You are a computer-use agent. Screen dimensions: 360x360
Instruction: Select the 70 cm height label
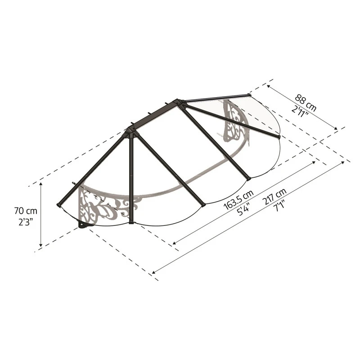pyautogui.click(x=25, y=210)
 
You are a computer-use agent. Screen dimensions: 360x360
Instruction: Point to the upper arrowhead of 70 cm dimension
pyautogui.click(x=41, y=184)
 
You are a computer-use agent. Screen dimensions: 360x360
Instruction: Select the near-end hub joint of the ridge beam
pyautogui.click(x=130, y=132)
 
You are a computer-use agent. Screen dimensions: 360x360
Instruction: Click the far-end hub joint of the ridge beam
pyautogui.click(x=180, y=102)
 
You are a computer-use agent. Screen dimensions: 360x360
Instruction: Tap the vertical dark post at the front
pyautogui.click(x=130, y=180)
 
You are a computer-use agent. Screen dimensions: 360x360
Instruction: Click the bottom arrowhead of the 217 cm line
pyautogui.click(x=154, y=272)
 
